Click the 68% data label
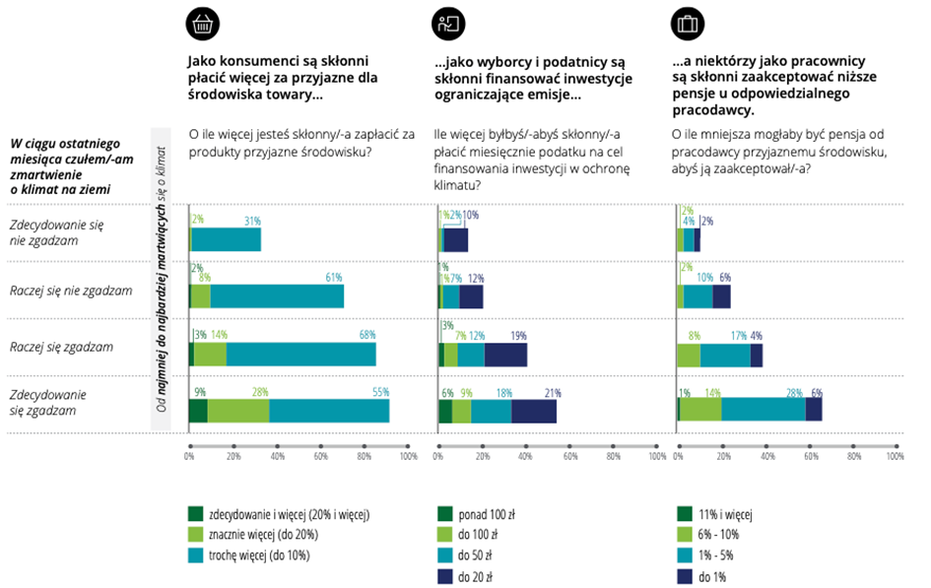click(366, 335)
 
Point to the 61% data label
click(333, 278)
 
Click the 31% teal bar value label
click(251, 220)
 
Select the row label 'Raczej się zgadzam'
click(60, 347)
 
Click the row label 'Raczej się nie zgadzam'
click(70, 291)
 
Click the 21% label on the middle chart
click(552, 393)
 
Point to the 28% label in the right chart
click(793, 393)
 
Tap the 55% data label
click(380, 393)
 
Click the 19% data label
click(518, 335)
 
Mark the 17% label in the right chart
click(738, 335)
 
